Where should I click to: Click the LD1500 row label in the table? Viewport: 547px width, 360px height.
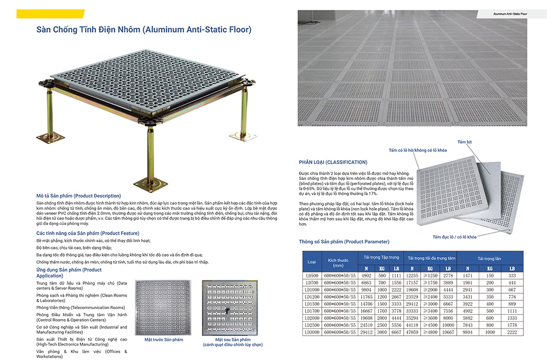coord(312,303)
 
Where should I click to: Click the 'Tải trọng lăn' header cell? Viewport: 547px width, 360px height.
coord(489,257)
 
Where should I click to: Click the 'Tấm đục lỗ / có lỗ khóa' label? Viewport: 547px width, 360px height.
coord(454,236)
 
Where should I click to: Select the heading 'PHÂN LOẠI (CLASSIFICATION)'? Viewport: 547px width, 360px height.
coord(333,162)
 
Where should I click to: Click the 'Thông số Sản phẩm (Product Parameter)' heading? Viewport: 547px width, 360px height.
coord(344,241)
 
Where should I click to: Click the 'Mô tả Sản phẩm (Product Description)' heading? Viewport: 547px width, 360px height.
coord(79,195)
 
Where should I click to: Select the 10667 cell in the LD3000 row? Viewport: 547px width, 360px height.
coord(447,332)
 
